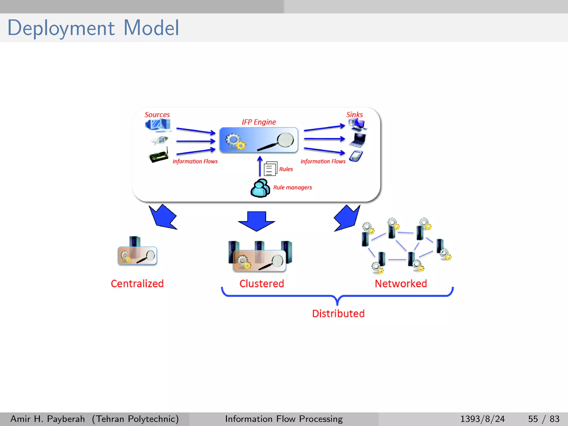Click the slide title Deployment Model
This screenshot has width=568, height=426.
coord(93,28)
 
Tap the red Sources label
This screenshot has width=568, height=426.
coord(157,115)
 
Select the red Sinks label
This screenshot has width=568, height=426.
coord(354,115)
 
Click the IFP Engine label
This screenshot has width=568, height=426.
coord(258,122)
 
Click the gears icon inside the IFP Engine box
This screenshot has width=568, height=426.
coord(235,141)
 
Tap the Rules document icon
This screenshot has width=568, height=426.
coord(270,169)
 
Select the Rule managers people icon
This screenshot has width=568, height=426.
coord(260,188)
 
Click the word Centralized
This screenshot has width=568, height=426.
coord(137,284)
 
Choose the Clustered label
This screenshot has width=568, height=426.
coord(262,284)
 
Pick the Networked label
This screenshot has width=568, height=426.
coord(401,284)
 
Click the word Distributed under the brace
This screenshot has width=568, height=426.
coord(338,314)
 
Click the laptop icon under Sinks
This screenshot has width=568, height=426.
coord(358,140)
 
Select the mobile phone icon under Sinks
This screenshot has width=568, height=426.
coord(356,156)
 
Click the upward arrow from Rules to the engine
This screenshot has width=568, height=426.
coord(260,166)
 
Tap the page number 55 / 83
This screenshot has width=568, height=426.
coord(544,419)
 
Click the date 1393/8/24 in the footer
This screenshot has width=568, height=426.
coord(482,419)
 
